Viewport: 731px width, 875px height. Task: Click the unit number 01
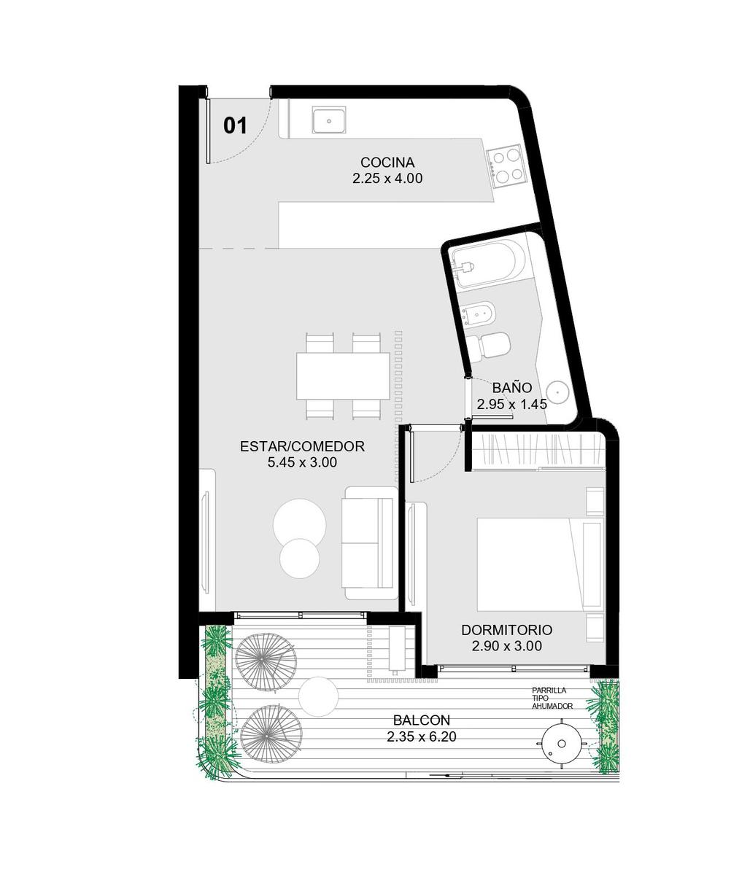pos(235,125)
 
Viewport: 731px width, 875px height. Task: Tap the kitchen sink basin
pos(329,120)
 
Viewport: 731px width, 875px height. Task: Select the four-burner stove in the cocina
pos(506,166)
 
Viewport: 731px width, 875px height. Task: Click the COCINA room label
pos(387,162)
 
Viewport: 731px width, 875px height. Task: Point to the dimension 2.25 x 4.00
pos(387,179)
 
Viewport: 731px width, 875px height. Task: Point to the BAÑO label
pos(512,388)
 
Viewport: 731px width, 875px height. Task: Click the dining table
pos(343,376)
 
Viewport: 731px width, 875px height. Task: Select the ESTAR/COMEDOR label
pos(302,446)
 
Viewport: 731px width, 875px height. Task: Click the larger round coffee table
pos(299,525)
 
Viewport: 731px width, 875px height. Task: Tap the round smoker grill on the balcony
pos(562,743)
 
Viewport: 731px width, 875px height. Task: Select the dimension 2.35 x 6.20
pos(422,736)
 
